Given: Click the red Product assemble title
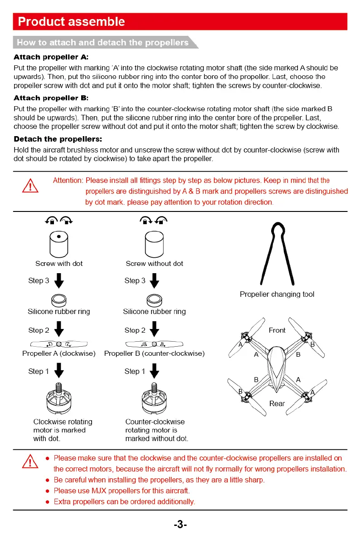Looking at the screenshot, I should [71, 22].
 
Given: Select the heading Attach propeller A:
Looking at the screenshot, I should [51, 57].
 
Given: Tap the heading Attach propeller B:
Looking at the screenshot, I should [51, 98].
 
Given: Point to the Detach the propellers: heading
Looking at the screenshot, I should [58, 139].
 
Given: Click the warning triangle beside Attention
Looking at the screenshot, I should [30, 186].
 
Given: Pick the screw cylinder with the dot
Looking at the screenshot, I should [59, 244].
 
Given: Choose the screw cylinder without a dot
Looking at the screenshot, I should [154, 244].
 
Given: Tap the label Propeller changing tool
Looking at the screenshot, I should [277, 294].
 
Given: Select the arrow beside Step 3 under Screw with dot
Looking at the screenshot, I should [59, 281].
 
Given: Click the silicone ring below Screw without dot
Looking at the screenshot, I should [154, 300].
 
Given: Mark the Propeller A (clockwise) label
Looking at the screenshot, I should [59, 353].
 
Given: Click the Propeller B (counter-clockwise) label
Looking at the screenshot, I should [154, 353].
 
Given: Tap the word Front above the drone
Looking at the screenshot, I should [277, 330].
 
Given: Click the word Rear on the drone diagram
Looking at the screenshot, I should [277, 403].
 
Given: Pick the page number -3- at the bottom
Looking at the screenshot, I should [180, 525].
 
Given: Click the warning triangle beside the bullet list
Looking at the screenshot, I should [30, 462].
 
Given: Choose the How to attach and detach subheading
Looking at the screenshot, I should [102, 43].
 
